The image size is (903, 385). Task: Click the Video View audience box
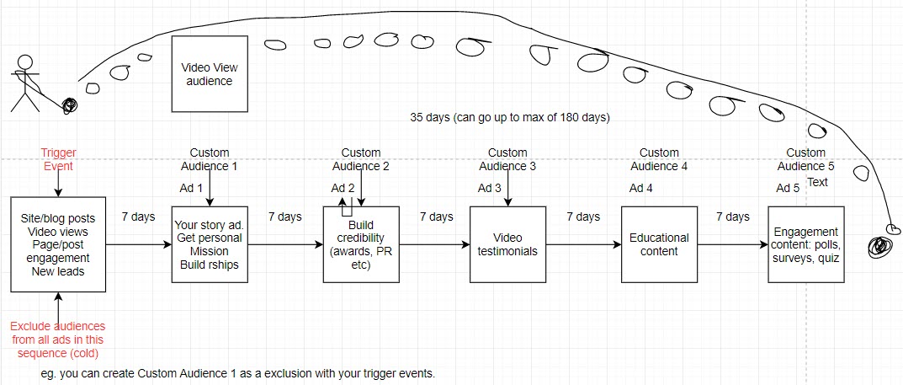click(210, 74)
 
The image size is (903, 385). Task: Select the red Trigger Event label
click(58, 159)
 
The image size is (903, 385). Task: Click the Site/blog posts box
click(58, 245)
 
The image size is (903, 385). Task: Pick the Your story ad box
click(210, 245)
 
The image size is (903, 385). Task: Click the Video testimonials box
click(508, 245)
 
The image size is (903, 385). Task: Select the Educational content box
click(659, 245)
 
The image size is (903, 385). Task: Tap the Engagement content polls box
click(805, 245)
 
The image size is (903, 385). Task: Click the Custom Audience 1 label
click(210, 159)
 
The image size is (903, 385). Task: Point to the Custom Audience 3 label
click(508, 159)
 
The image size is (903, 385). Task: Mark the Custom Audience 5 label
click(805, 159)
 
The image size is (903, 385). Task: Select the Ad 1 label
click(192, 188)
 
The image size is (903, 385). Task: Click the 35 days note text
click(509, 118)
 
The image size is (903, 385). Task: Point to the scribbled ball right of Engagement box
click(880, 246)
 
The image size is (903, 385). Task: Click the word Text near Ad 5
click(818, 182)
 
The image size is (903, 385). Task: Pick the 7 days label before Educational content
click(583, 217)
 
